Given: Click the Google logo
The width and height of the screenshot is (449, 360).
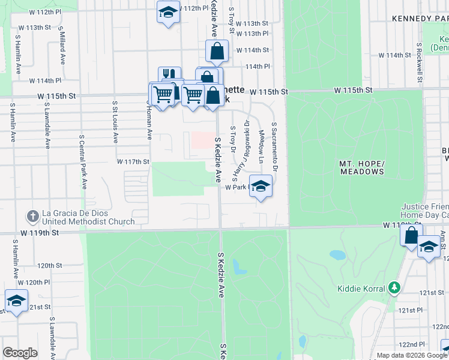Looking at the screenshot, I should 20,353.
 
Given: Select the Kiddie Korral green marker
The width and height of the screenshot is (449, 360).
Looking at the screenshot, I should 394,289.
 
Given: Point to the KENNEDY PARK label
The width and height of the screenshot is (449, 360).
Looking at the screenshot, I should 420,19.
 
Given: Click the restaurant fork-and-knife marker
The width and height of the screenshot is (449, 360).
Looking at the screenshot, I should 169,76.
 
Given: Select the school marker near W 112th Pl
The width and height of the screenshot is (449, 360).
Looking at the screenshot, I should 168,12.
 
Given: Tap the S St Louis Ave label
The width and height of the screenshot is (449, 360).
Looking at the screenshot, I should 115,122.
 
